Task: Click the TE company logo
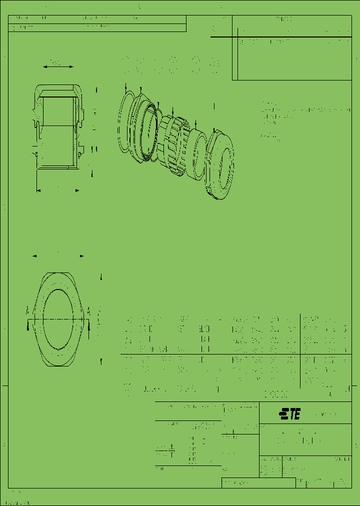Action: [290, 414]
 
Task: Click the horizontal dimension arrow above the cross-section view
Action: [58, 66]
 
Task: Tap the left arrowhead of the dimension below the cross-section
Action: [38, 190]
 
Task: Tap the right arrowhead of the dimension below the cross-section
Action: [77, 190]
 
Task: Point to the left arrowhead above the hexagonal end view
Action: [34, 256]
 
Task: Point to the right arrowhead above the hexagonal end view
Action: [82, 256]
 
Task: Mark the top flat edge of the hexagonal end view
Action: [58, 273]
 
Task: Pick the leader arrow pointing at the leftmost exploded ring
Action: [125, 87]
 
